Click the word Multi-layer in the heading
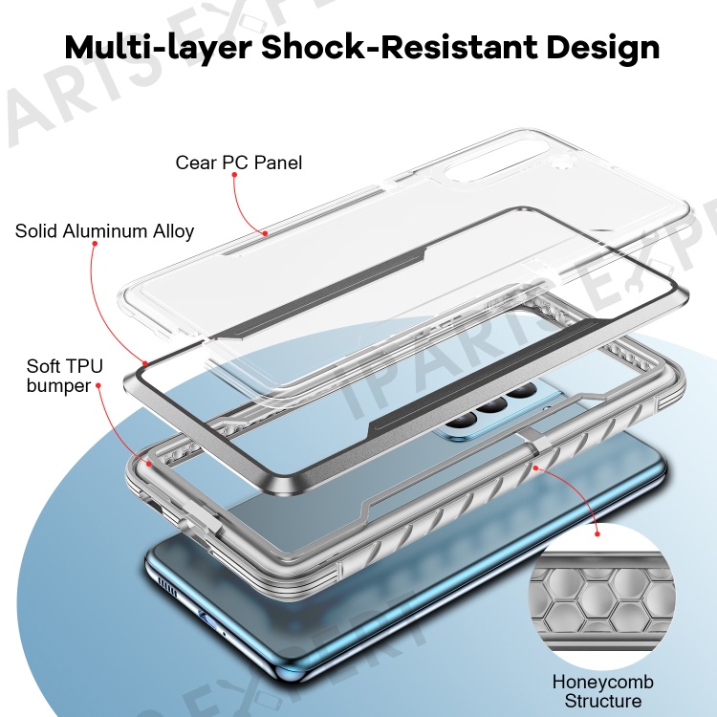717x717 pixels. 158,47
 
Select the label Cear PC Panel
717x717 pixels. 239,163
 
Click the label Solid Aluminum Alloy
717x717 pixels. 104,231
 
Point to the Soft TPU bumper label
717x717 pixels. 65,376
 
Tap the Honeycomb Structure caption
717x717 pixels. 602,691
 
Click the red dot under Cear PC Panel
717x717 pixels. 234,175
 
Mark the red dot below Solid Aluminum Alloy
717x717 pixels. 95,243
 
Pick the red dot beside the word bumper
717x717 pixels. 98,385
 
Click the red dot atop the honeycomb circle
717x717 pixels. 597,533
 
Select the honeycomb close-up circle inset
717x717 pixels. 601,596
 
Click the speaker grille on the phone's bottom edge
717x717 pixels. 167,586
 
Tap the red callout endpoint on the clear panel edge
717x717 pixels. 265,233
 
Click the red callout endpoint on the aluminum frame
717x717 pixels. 145,364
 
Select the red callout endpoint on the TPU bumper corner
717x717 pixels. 149,464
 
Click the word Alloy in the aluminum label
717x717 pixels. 173,232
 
